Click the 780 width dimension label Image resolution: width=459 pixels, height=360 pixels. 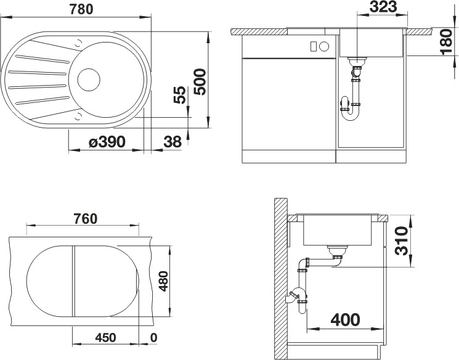(x=81, y=9)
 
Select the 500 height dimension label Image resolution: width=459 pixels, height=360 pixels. (x=200, y=82)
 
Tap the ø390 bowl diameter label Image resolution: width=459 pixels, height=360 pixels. (x=107, y=142)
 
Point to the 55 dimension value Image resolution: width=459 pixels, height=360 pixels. (x=180, y=94)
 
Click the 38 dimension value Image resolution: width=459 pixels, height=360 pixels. (x=173, y=142)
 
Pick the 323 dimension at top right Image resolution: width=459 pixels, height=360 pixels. (x=383, y=7)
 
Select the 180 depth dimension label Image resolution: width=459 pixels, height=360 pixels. (x=447, y=41)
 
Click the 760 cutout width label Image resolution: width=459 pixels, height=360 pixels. (x=85, y=219)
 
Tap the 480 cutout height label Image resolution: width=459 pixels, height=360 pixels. (x=163, y=281)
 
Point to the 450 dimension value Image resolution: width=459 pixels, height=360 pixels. (x=105, y=338)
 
